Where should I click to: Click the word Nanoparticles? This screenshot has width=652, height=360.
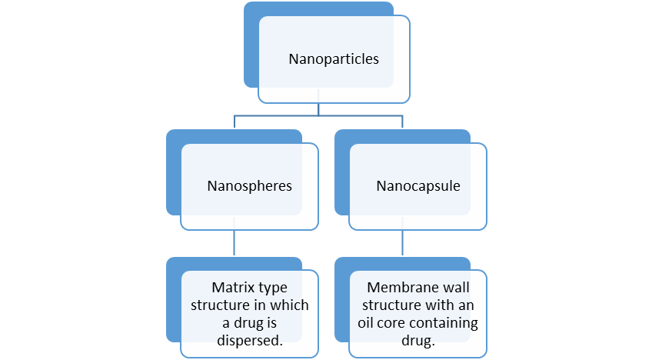[x=334, y=59]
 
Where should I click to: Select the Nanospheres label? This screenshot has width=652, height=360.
[x=250, y=186]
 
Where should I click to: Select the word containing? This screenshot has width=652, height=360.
[x=447, y=323]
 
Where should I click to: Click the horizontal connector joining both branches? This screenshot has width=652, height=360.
[x=318, y=116]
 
